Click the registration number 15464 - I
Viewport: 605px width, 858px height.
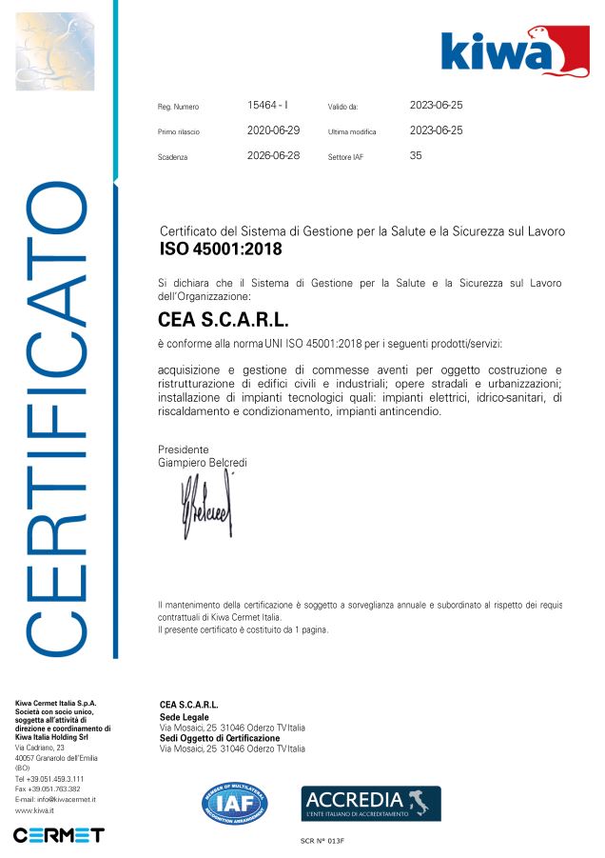[x=267, y=105]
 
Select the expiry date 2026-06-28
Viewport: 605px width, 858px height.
[x=273, y=155]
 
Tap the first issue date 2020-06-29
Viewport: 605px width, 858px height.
[x=273, y=130]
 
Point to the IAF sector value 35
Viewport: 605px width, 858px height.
[x=416, y=155]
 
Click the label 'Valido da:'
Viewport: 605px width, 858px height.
[x=342, y=107]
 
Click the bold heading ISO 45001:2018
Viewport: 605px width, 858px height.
[x=221, y=250]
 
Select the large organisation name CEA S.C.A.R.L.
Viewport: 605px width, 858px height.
[x=223, y=319]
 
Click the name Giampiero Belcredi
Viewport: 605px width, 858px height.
[x=202, y=462]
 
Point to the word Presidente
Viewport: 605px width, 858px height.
[x=183, y=449]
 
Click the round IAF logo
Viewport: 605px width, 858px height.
[x=234, y=803]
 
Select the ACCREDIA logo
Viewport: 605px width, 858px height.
[x=371, y=804]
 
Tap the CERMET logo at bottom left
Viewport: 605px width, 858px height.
[x=58, y=835]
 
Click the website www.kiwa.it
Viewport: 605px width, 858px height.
[x=34, y=810]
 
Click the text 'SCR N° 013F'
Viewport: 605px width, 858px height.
[x=322, y=841]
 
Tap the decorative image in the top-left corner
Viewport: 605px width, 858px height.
[x=55, y=51]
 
